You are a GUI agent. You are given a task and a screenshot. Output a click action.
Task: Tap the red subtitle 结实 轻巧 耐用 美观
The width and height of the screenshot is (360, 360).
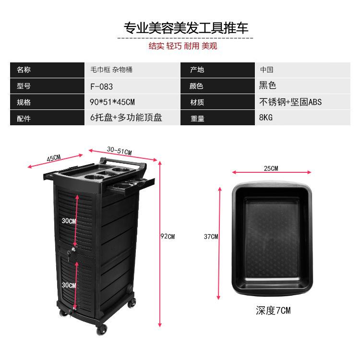click(183, 46)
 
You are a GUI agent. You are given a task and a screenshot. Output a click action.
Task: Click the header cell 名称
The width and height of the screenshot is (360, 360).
click(24, 70)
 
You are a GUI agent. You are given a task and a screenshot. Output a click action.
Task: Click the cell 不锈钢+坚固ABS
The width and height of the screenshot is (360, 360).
click(290, 102)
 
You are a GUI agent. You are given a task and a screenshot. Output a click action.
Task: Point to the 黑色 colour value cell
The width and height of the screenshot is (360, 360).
click(268, 86)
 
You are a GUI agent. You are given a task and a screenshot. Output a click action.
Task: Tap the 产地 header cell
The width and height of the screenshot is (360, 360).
click(197, 70)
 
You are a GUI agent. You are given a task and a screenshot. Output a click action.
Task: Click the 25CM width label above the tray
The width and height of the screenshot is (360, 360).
click(271, 168)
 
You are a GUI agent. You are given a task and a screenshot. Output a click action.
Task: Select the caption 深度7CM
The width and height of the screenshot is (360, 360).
click(273, 310)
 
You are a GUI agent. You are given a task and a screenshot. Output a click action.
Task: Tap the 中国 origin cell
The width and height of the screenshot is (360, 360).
click(267, 70)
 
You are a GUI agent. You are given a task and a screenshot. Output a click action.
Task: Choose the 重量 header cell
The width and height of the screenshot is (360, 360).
click(197, 118)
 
